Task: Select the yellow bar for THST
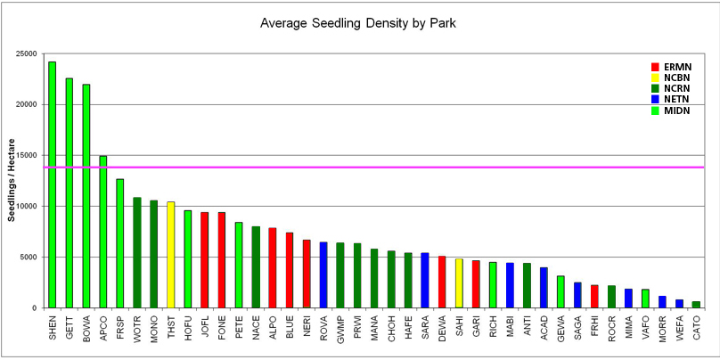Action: click(x=171, y=255)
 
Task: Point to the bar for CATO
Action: click(x=696, y=305)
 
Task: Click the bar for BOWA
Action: click(x=86, y=196)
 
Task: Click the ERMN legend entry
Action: click(x=678, y=67)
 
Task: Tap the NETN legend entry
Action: click(x=678, y=101)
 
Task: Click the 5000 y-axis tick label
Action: click(x=27, y=258)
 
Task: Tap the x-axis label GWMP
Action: click(x=341, y=331)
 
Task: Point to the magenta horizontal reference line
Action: click(x=374, y=168)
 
